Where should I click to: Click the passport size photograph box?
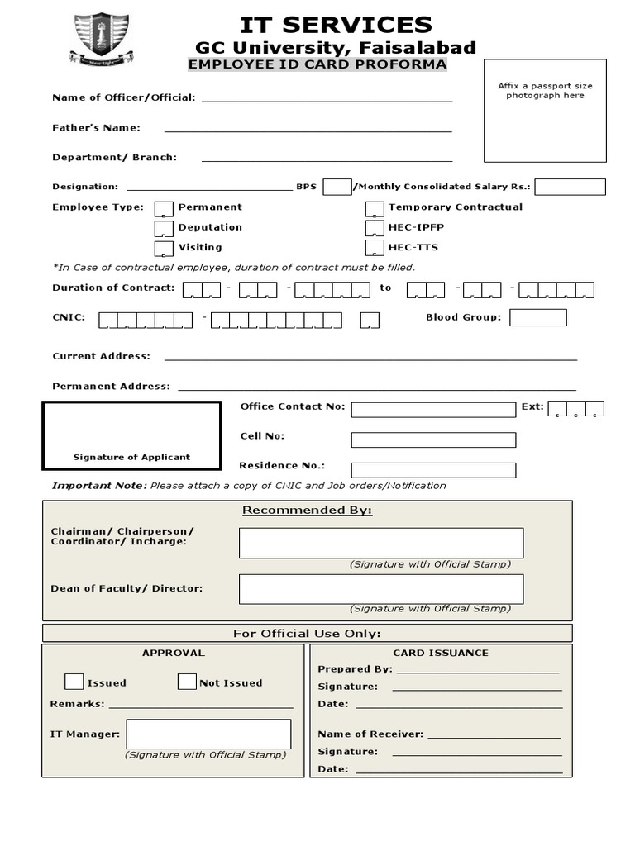tap(545, 111)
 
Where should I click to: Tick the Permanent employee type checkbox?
tap(165, 208)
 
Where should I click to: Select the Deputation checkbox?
tap(165, 228)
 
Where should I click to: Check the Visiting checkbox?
tap(165, 248)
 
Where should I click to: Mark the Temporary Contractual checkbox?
tap(375, 208)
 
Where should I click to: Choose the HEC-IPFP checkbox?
tap(375, 228)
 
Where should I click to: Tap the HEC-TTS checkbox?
tap(375, 248)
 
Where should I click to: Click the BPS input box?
tap(337, 187)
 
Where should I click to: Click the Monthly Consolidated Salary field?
tap(570, 187)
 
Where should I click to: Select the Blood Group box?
tap(537, 317)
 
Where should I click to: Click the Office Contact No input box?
tap(432, 410)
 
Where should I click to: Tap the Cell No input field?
tap(432, 440)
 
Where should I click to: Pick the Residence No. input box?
tap(432, 470)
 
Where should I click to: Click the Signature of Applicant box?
tap(131, 435)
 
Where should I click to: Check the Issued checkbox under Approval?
tap(74, 682)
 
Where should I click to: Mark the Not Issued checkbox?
tap(187, 682)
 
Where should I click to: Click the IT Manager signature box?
tap(208, 734)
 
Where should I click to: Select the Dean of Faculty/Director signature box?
tap(380, 588)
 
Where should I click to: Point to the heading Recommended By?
tap(307, 511)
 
